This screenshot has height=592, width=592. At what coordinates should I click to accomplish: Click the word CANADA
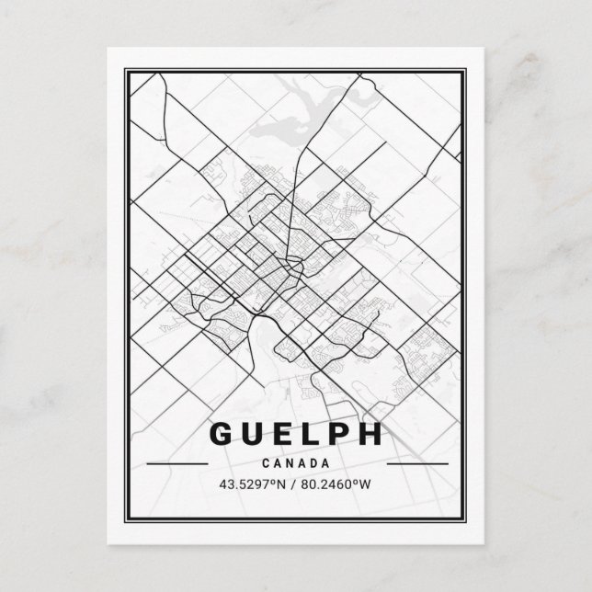(297, 463)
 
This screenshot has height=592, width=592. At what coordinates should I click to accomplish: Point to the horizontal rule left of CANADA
(183, 464)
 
